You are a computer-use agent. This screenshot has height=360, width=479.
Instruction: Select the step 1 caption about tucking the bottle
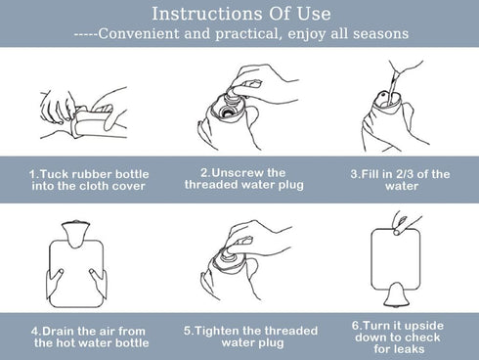89,180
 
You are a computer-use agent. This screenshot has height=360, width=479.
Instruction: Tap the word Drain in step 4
59,331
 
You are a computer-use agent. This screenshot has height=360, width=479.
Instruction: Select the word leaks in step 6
409,349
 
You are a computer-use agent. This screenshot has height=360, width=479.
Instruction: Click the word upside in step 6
424,326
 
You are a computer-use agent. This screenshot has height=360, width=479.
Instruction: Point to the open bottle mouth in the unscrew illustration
227,112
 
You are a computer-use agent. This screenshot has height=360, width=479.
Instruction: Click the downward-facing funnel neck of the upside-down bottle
396,294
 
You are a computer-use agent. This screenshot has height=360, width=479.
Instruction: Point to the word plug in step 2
291,186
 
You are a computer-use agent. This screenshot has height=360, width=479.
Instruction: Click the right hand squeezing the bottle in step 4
98,283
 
